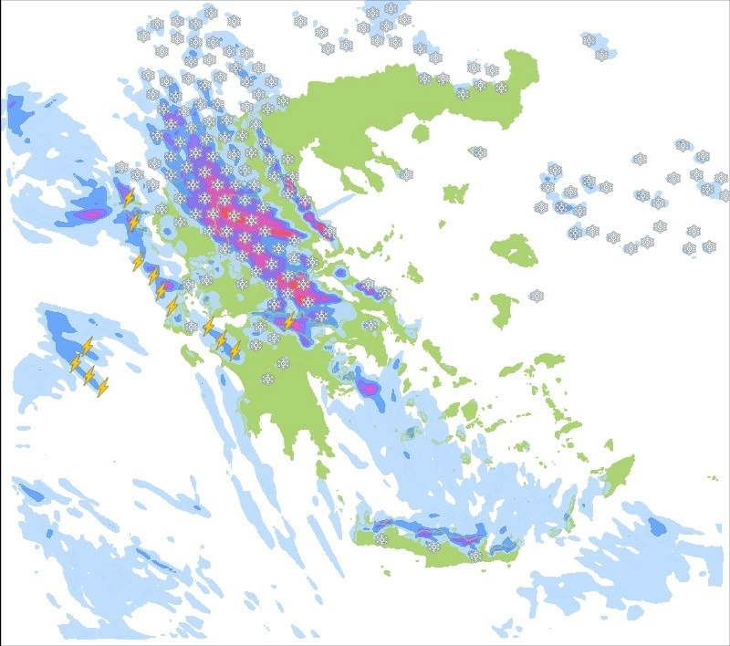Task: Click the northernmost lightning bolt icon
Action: click(x=129, y=197)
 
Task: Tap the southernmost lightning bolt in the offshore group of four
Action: click(x=103, y=386)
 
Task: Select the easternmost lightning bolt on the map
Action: click(x=290, y=321)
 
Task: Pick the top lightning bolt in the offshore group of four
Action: click(x=87, y=346)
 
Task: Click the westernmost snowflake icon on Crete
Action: click(x=381, y=538)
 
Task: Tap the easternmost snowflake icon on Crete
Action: click(x=474, y=554)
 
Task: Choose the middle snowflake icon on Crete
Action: click(x=434, y=547)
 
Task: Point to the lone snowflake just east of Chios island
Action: click(x=537, y=296)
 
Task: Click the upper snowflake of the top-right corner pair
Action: click(x=589, y=41)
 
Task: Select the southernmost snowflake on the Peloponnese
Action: click(x=267, y=379)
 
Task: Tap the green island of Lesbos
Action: click(x=514, y=249)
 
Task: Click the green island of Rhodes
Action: click(x=620, y=474)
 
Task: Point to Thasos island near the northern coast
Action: click(x=421, y=133)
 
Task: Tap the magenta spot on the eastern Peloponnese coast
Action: click(x=368, y=387)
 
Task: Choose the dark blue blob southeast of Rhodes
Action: click(x=656, y=526)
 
